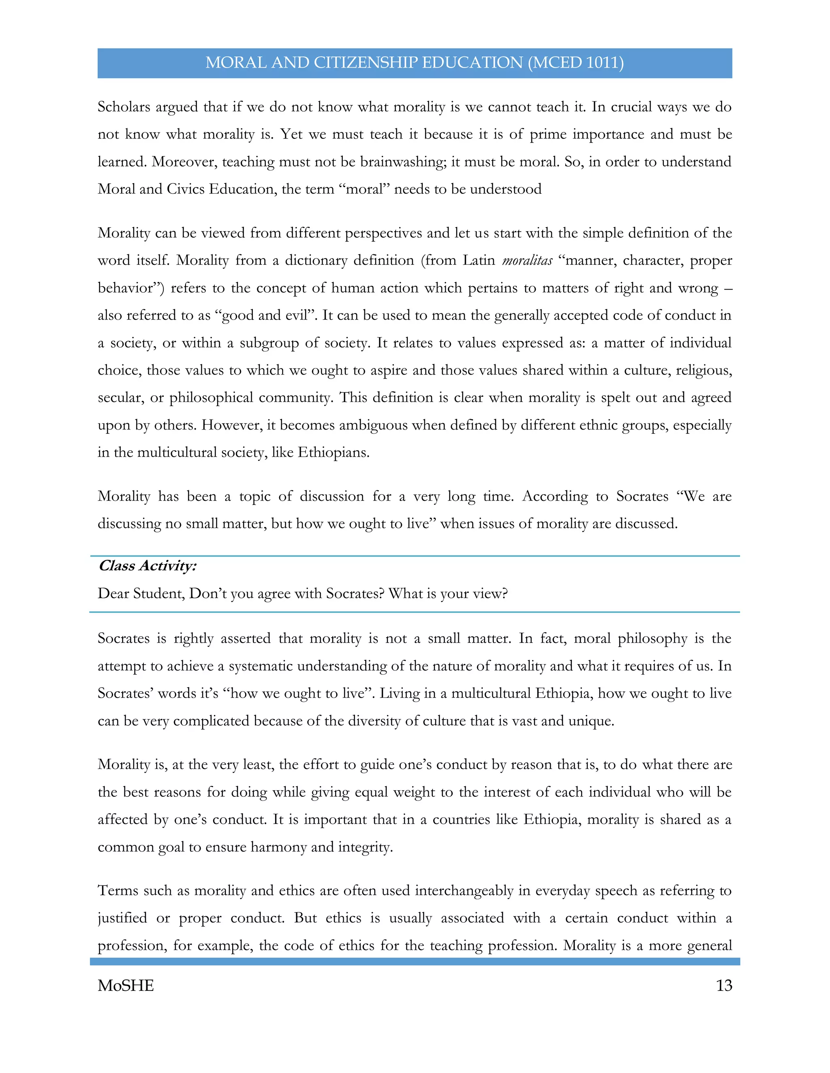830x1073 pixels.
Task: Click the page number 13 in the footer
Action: pos(724,985)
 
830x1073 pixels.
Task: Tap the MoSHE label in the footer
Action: pos(126,985)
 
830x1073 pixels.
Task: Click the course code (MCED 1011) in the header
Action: pos(575,63)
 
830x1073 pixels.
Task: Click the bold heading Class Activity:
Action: pos(148,566)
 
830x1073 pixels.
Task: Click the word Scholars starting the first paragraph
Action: pos(124,107)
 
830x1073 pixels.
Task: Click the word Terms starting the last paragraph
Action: pos(118,891)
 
